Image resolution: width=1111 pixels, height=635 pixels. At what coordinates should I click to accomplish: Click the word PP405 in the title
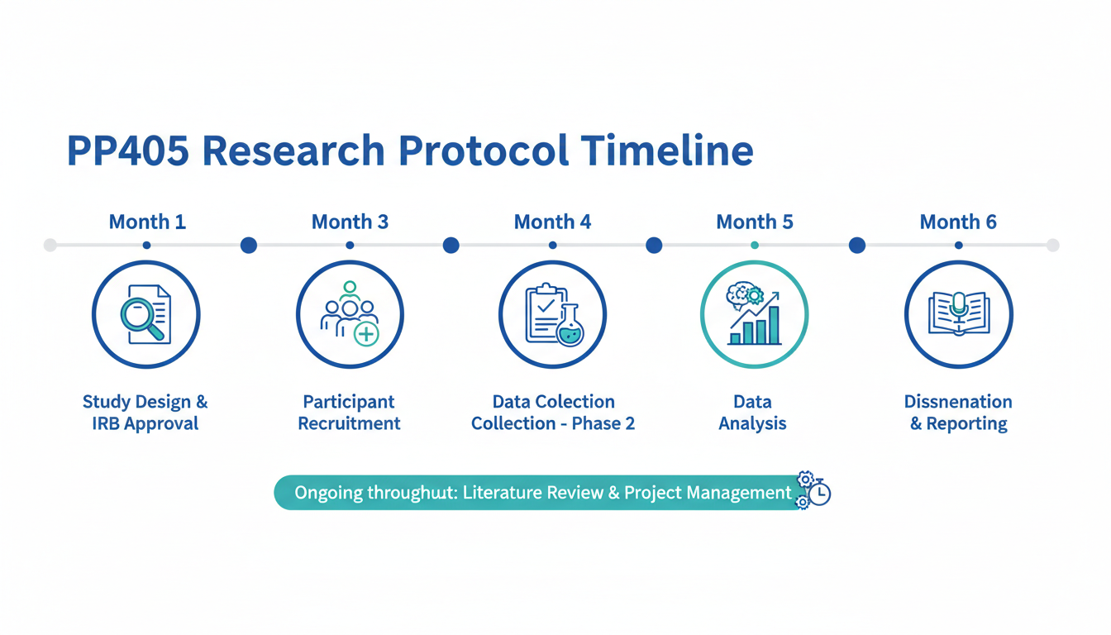click(128, 150)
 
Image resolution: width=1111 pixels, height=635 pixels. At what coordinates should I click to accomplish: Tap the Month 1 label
click(147, 222)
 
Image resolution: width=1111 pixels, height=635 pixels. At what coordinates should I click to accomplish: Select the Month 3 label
click(350, 222)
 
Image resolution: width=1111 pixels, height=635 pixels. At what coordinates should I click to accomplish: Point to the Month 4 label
click(552, 222)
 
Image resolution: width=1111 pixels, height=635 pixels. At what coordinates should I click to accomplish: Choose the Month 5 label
click(755, 222)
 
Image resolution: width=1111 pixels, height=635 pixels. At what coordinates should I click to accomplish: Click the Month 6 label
click(958, 222)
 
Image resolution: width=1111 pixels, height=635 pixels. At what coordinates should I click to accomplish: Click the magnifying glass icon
click(142, 317)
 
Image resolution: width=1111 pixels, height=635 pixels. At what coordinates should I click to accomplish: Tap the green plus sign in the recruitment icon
click(366, 334)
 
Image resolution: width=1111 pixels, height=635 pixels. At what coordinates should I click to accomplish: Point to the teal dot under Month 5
click(755, 245)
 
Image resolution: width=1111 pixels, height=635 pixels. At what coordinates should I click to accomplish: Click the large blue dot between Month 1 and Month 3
click(249, 245)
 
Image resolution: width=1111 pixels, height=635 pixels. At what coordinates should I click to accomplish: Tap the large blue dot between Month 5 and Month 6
click(857, 245)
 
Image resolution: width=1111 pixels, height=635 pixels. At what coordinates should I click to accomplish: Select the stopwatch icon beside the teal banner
click(820, 493)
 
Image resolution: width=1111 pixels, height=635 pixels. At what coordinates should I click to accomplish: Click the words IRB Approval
click(145, 423)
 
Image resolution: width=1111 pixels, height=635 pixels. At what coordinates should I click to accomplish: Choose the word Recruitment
click(349, 423)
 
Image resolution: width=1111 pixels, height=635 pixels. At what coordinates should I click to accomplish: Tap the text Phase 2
click(603, 423)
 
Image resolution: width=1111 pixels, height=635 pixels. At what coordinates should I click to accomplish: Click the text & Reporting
click(959, 423)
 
